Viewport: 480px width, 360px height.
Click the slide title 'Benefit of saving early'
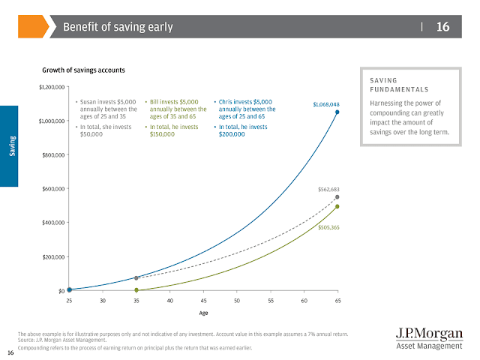pyautogui.click(x=118, y=28)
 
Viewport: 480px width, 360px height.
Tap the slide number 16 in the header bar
pyautogui.click(x=442, y=27)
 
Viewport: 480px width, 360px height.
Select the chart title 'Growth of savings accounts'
pyautogui.click(x=83, y=70)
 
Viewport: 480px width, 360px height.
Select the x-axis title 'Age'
pyautogui.click(x=203, y=314)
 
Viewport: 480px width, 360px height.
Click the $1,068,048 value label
pyautogui.click(x=326, y=104)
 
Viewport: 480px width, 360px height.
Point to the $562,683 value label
pyautogui.click(x=328, y=190)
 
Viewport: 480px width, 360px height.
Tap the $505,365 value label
pyautogui.click(x=328, y=226)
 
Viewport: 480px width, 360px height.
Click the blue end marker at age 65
pyautogui.click(x=337, y=112)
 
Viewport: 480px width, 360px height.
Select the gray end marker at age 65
pyautogui.click(x=337, y=197)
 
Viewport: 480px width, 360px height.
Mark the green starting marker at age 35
pyautogui.click(x=136, y=289)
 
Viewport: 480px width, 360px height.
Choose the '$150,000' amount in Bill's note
pyautogui.click(x=163, y=135)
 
